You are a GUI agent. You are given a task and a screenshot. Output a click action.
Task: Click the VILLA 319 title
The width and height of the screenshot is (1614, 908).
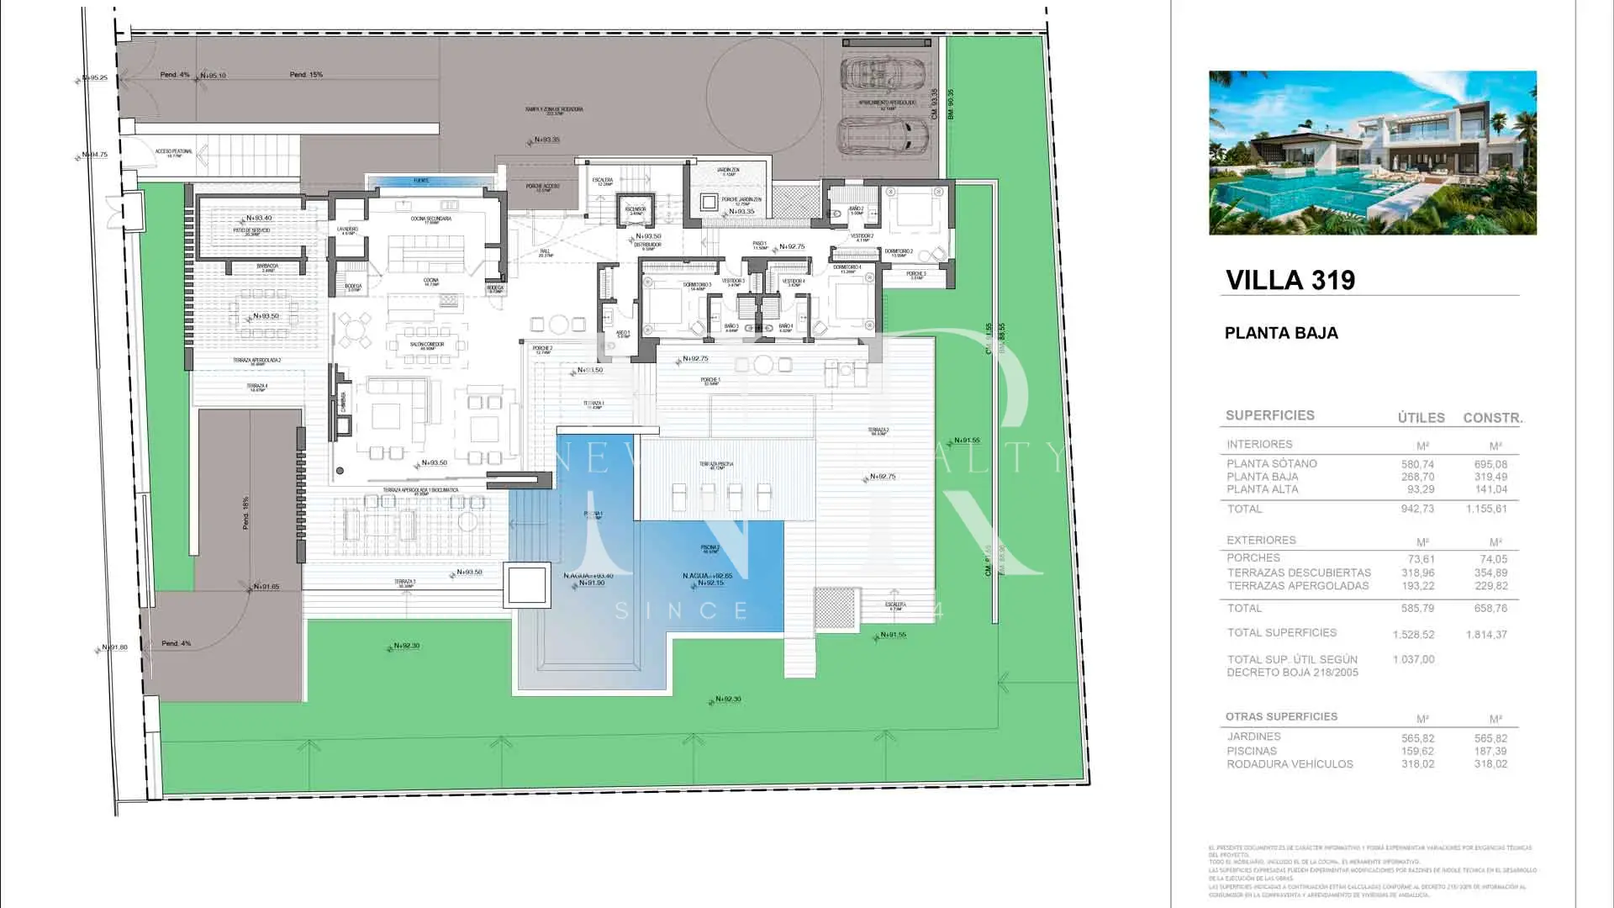coord(1290,280)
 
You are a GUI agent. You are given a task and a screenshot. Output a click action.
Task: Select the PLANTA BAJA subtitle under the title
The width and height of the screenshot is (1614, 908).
coord(1280,333)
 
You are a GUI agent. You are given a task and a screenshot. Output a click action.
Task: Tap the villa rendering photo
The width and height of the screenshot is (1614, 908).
coord(1372,152)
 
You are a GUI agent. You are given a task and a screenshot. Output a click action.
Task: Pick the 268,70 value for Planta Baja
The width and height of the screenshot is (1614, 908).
coord(1417,477)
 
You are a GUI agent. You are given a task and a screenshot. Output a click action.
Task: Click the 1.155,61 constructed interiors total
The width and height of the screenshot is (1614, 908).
coord(1486,509)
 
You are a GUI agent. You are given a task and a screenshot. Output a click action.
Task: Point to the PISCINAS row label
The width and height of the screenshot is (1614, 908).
coord(1251,751)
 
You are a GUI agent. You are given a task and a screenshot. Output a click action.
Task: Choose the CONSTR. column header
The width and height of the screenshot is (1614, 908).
coord(1492,418)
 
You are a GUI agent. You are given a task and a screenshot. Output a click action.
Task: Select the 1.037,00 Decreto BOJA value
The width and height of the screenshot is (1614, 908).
coord(1413,660)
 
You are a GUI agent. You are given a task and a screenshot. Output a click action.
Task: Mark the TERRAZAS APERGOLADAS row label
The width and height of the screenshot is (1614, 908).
coord(1297,586)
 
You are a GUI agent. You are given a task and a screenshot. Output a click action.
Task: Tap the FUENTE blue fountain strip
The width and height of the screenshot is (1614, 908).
coord(421,181)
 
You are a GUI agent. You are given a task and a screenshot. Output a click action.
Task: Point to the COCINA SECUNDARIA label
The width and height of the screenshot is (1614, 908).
coord(430,219)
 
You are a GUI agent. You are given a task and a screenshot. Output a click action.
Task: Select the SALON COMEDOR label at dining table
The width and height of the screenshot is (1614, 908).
coord(427,346)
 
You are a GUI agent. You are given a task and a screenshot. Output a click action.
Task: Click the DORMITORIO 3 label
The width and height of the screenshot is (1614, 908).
coord(697,286)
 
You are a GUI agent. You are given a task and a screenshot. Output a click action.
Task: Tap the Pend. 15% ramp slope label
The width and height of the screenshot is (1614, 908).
coord(306,75)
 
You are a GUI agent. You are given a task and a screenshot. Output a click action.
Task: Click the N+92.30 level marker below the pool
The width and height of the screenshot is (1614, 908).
coord(727,699)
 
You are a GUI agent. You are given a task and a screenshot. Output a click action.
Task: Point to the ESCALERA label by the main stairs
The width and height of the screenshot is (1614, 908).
coord(602,181)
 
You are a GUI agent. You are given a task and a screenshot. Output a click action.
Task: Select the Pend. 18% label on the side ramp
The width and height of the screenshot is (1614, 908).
coord(245,512)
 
